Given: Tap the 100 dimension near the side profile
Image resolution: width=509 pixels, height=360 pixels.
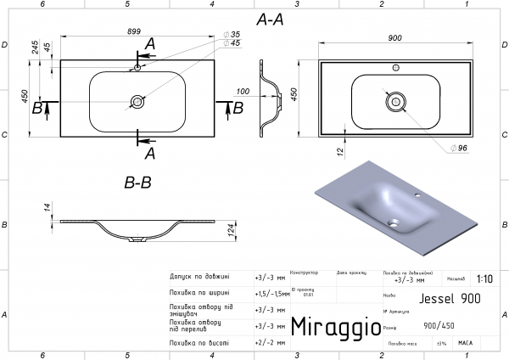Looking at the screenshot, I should [x=243, y=91].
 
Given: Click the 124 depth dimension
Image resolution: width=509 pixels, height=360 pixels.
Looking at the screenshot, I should [x=231, y=230].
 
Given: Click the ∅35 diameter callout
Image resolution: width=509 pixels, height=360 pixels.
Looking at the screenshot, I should [x=231, y=34].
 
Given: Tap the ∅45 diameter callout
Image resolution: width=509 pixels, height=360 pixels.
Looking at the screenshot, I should [x=231, y=43].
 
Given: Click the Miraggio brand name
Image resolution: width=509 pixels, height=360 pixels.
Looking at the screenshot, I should [x=330, y=327].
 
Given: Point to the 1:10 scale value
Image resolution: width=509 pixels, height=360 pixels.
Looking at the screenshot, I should [x=484, y=278].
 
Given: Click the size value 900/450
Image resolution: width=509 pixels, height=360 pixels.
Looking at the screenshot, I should [x=438, y=325].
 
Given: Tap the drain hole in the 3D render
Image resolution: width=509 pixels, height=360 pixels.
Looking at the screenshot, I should [x=393, y=225].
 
